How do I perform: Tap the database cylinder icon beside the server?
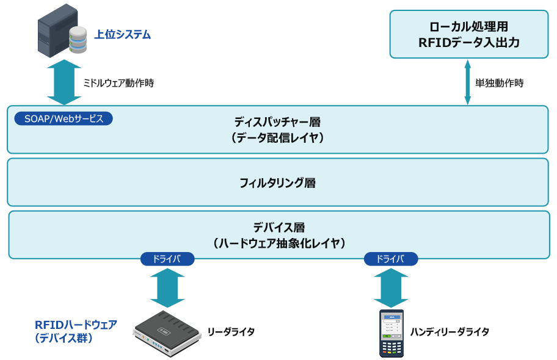78,40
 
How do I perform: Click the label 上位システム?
122,35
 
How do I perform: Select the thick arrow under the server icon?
64,82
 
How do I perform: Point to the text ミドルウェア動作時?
118,83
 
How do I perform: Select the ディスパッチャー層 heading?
277,121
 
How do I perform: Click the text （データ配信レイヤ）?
277,138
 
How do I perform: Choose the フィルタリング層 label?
277,182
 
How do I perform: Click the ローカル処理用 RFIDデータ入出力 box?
468,34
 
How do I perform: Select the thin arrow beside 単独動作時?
467,82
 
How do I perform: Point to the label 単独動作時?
499,83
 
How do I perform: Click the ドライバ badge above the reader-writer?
167,259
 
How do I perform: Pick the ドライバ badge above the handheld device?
391,259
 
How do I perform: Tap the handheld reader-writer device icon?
391,333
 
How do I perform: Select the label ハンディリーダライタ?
450,331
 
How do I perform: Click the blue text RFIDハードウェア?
76,324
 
